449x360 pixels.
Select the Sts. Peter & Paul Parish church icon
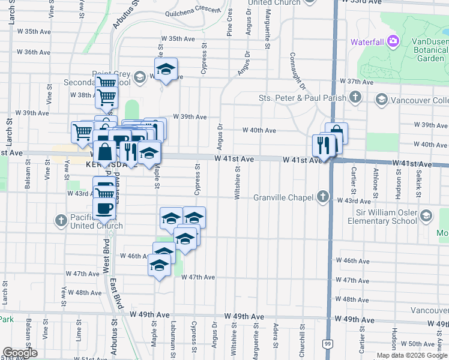(x=355, y=97)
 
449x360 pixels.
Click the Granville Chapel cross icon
(x=323, y=196)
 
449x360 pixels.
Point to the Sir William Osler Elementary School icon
(x=426, y=215)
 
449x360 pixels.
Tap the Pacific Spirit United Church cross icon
(x=61, y=221)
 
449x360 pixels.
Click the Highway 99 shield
(x=326, y=343)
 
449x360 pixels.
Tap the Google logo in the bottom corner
(x=20, y=353)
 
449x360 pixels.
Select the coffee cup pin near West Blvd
(x=104, y=209)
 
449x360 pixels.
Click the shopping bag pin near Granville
(x=337, y=133)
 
